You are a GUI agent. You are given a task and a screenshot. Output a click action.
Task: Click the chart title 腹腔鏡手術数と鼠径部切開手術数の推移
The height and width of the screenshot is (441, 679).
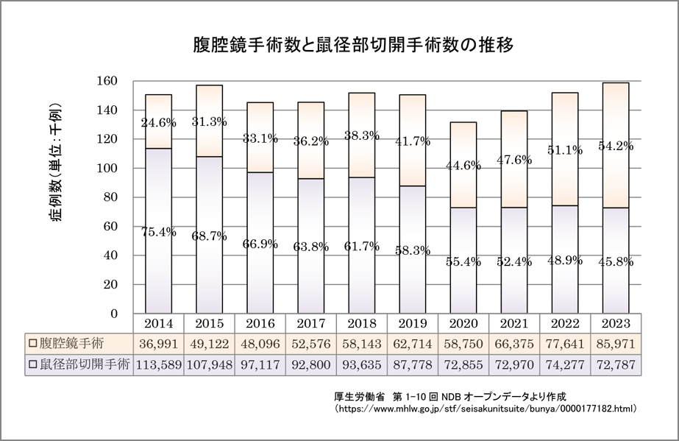tap(354, 43)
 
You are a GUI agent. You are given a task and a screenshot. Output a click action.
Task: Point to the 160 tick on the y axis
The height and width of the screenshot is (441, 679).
tap(108, 81)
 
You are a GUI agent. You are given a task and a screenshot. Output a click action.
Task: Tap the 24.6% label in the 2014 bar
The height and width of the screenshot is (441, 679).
tap(158, 123)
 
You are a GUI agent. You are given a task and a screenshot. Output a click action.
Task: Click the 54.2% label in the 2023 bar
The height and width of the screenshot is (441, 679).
tap(615, 146)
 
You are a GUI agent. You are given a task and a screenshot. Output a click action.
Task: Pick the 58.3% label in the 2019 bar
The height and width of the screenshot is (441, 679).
tap(412, 251)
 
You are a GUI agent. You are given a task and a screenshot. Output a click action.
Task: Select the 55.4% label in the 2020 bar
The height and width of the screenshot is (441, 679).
tap(463, 262)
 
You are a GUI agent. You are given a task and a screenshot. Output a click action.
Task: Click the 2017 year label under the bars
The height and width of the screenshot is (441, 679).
tap(310, 322)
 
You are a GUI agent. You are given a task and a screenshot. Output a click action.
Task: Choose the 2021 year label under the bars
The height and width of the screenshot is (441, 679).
tap(513, 322)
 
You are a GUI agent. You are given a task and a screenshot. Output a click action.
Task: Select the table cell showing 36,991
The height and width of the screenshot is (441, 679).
tap(158, 343)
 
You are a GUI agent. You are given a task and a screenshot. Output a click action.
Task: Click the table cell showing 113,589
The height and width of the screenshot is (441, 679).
tap(158, 364)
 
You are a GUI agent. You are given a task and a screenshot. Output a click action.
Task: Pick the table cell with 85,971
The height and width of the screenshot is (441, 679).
tap(615, 343)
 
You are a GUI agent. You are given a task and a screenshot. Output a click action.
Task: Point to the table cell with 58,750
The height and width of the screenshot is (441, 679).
tap(463, 343)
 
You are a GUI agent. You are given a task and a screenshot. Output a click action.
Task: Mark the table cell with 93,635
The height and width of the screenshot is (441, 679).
tap(361, 364)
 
